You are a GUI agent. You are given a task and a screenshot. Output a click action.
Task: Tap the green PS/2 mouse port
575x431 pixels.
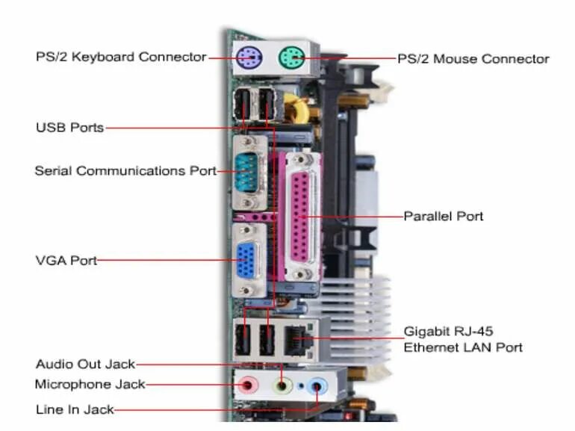click(290, 56)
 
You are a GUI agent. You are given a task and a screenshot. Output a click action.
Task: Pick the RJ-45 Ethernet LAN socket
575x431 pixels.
click(296, 340)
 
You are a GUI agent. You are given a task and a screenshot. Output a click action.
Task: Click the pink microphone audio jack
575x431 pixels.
click(249, 385)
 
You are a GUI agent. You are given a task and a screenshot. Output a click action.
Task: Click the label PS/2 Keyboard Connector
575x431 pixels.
click(121, 57)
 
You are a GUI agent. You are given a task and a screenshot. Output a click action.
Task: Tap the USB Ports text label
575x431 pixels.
click(69, 127)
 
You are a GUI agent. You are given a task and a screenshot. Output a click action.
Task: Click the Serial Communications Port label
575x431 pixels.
click(125, 170)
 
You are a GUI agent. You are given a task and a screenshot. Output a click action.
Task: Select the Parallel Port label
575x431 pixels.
click(444, 216)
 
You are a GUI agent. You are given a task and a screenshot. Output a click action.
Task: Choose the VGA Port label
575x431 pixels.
click(66, 261)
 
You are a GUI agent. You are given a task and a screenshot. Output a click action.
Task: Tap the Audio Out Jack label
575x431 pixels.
click(85, 365)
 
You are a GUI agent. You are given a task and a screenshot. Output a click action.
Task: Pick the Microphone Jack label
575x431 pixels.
click(90, 385)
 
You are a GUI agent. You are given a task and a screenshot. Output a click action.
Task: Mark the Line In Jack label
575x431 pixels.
click(75, 409)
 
